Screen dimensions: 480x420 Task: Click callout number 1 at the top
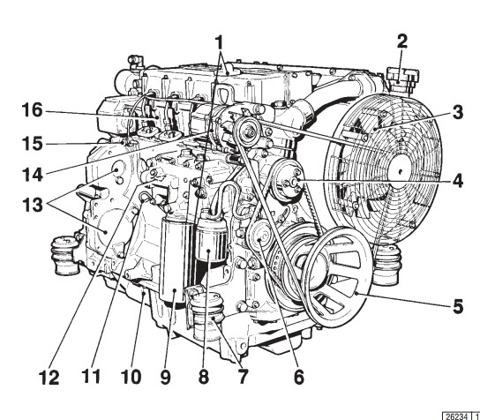[219, 43]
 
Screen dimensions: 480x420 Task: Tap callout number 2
[402, 41]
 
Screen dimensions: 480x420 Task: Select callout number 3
[458, 112]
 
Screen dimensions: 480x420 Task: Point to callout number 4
[458, 180]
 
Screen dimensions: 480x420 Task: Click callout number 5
[458, 306]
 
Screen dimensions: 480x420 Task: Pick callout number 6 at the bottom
[299, 377]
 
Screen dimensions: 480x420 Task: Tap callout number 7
[242, 377]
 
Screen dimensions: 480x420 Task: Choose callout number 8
[204, 377]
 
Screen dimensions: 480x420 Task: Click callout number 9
[165, 377]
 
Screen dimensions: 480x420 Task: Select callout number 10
[131, 377]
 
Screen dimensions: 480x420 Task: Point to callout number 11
[91, 377]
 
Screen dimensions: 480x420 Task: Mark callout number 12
[49, 378]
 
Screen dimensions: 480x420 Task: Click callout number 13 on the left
[33, 205]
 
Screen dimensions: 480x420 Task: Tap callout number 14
[33, 175]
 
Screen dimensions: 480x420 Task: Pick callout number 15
[32, 144]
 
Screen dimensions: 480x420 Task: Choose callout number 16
[32, 110]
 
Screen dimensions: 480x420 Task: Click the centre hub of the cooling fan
[401, 171]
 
